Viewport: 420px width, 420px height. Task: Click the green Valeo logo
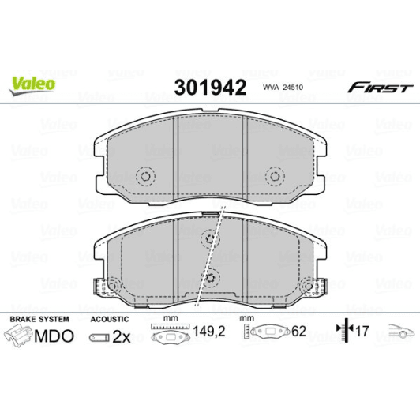32,84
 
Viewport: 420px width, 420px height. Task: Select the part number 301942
210,88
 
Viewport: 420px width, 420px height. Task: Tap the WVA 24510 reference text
283,88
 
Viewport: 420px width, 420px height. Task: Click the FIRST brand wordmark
381,88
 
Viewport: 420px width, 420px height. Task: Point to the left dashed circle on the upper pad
145,177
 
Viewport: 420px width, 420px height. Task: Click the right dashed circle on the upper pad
275,176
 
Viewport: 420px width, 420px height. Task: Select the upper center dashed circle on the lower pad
210,238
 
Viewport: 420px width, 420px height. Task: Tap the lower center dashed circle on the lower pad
210,278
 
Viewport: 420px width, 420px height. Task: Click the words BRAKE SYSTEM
39,319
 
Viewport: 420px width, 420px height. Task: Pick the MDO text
54,336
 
